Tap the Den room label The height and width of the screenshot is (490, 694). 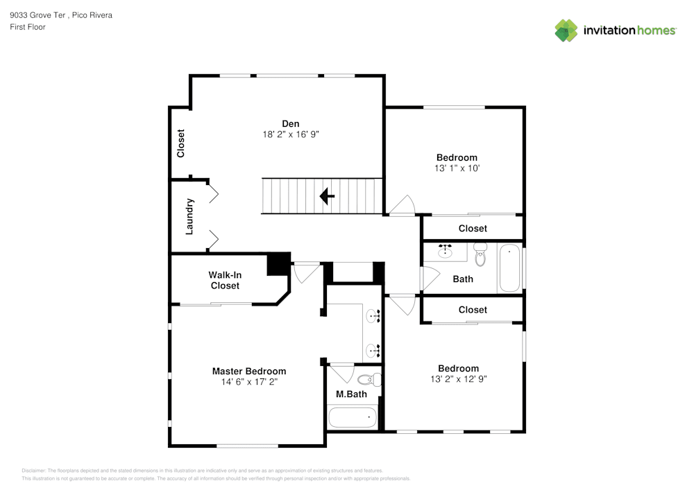tap(280, 123)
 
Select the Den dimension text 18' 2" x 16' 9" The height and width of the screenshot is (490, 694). tap(286, 134)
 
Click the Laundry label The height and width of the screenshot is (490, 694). tap(190, 216)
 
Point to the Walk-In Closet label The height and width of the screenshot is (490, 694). tap(225, 281)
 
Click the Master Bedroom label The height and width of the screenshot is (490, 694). tap(248, 371)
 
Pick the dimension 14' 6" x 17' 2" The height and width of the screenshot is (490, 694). tap(248, 382)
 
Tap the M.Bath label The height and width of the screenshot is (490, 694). tap(351, 394)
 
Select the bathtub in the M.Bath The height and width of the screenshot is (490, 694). tap(353, 418)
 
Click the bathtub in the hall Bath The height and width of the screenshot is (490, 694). tap(509, 268)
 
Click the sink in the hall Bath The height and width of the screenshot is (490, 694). tap(445, 251)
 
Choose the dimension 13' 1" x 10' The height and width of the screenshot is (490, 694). tap(457, 168)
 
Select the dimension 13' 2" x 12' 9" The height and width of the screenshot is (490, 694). tap(458, 379)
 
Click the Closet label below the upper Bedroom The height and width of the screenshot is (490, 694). tap(473, 229)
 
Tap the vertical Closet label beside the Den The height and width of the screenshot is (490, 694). tap(181, 143)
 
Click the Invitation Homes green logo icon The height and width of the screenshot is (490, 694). tap(566, 30)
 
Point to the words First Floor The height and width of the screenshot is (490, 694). tap(28, 27)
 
